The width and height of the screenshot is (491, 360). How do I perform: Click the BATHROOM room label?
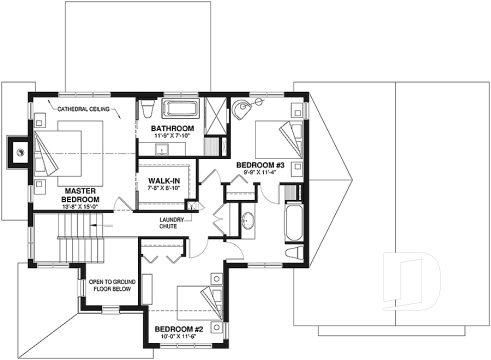[x=172, y=130]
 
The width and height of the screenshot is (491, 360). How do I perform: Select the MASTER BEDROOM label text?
[x=79, y=195]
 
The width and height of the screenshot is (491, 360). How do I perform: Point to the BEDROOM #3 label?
[x=262, y=164]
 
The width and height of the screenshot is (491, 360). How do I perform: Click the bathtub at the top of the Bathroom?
[x=183, y=109]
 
